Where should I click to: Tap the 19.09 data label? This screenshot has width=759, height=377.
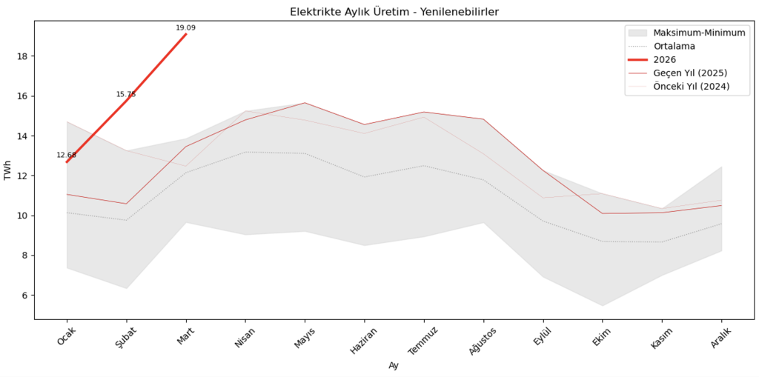[185, 28]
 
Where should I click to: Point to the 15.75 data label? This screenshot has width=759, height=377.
[126, 94]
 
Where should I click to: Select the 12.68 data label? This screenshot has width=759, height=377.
[66, 155]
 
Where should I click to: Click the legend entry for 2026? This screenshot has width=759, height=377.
[664, 59]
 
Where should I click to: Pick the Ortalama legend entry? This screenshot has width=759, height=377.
[674, 46]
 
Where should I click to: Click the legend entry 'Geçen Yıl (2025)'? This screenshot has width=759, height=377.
[689, 73]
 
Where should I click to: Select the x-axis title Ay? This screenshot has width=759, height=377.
[393, 366]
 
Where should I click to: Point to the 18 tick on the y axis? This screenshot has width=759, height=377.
[21, 56]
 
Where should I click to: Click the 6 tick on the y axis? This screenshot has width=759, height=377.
[24, 296]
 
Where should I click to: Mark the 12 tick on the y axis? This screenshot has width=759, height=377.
[21, 176]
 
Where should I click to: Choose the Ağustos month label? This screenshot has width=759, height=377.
[482, 341]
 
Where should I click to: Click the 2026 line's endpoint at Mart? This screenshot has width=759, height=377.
[186, 34]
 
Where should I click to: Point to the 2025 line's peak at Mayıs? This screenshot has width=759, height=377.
[305, 103]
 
